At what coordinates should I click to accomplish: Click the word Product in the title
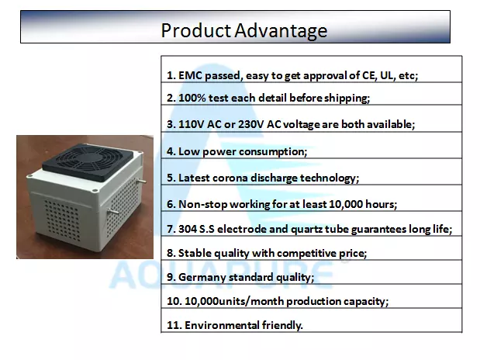pyautogui.click(x=196, y=30)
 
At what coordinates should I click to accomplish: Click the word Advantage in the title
pyautogui.click(x=281, y=31)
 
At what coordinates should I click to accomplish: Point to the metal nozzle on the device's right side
pyautogui.click(x=141, y=181)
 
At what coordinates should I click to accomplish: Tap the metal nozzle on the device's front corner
pyautogui.click(x=112, y=211)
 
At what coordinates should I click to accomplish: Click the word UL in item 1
pyautogui.click(x=387, y=75)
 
